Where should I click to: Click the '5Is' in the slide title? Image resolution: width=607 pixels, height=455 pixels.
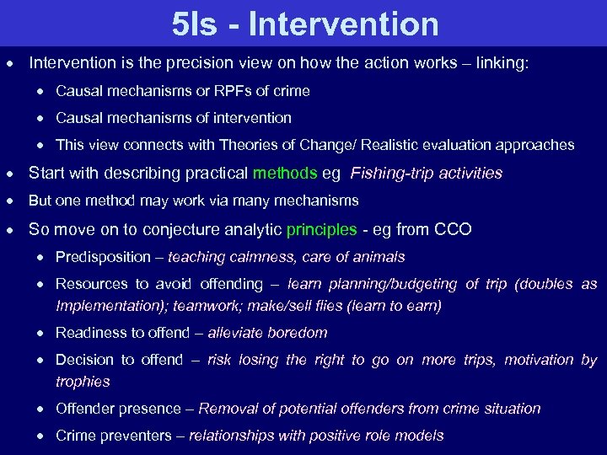[x=194, y=24]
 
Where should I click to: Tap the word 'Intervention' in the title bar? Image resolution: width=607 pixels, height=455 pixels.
[x=344, y=24]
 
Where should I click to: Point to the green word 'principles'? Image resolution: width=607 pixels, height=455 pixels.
[x=321, y=229]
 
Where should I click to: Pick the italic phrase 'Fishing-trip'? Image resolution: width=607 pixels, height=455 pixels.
[x=390, y=174]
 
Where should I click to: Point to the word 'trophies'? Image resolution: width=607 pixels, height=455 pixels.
[x=83, y=382]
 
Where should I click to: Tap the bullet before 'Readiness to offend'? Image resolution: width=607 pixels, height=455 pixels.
[x=42, y=334]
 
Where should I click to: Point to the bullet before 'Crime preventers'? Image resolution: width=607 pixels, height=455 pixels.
[x=42, y=436]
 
